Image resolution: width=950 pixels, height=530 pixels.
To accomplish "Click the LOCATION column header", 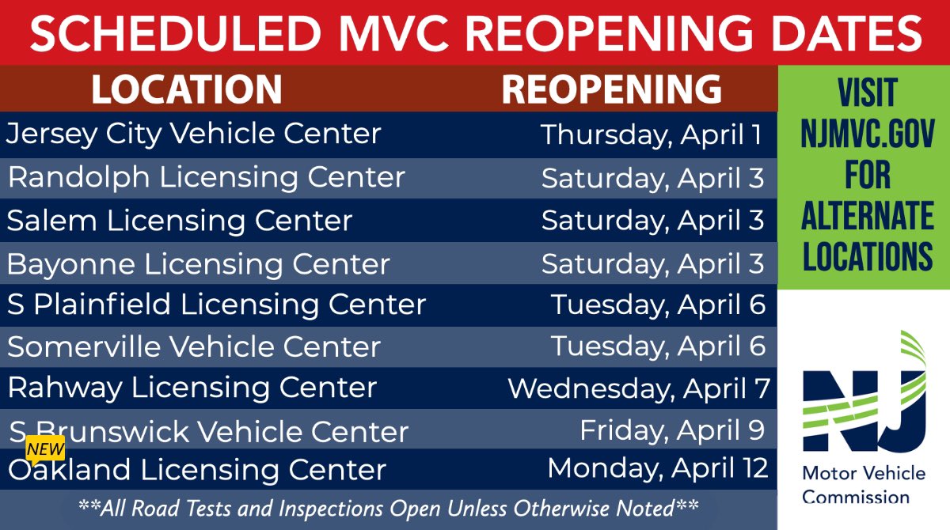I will [x=186, y=89].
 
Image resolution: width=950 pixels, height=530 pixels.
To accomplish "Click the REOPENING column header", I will [x=611, y=89].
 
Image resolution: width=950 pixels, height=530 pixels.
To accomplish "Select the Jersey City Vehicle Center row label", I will [x=194, y=134].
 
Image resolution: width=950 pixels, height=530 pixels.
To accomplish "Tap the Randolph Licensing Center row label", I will [x=207, y=177].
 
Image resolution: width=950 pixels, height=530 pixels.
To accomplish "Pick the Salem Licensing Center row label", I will [x=180, y=220].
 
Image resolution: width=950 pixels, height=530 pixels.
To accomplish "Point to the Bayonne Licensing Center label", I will [x=199, y=264].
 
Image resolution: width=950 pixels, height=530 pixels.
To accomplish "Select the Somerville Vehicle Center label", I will [x=194, y=346].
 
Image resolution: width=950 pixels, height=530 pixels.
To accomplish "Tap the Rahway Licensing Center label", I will [x=192, y=388].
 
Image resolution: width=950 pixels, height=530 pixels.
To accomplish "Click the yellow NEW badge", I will [x=45, y=449].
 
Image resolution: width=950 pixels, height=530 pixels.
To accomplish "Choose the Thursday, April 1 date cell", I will [x=652, y=134].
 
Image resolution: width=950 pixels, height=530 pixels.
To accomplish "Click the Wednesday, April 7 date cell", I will [x=639, y=388].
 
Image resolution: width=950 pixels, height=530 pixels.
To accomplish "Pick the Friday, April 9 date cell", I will [x=672, y=430].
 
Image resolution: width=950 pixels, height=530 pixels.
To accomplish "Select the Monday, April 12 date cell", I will [x=658, y=468].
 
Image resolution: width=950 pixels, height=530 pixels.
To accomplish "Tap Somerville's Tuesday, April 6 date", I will [x=659, y=346].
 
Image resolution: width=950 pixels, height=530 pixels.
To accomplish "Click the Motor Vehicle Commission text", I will [x=864, y=485].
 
